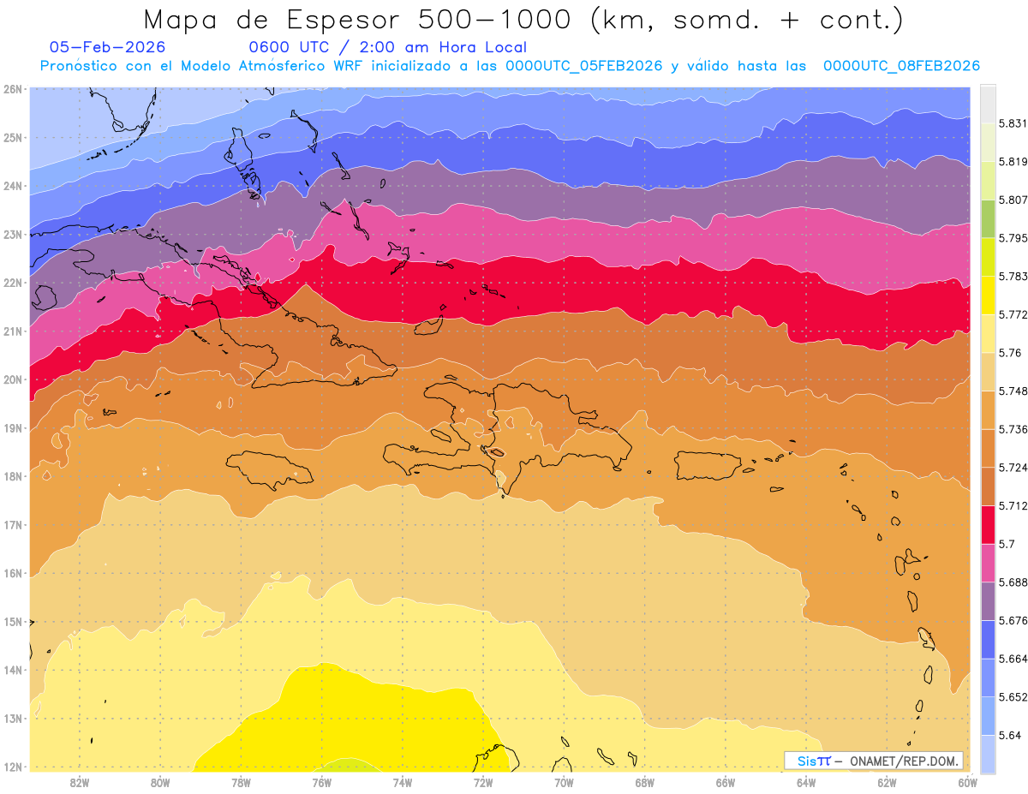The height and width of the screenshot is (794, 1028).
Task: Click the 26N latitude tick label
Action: click(x=13, y=88)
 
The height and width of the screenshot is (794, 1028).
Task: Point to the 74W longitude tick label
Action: click(x=403, y=781)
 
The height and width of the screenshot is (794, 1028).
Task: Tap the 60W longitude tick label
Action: click(x=968, y=781)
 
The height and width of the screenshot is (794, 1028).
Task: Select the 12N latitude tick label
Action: click(x=13, y=767)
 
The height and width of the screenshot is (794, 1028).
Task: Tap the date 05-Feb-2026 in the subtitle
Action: click(x=107, y=47)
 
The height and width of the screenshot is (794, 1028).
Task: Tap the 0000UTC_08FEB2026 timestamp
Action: click(x=901, y=66)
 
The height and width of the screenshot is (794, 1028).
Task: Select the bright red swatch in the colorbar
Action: click(x=988, y=524)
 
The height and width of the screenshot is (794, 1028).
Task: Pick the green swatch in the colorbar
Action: click(x=988, y=218)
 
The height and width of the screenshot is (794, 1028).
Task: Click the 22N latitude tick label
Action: click(x=13, y=282)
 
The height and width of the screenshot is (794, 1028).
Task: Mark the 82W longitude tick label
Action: click(x=80, y=781)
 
